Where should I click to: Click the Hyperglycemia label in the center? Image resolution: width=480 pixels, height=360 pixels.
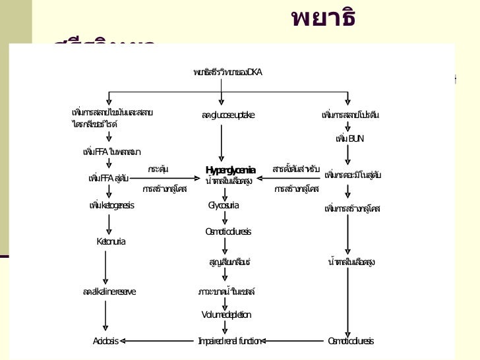(x=230, y=170)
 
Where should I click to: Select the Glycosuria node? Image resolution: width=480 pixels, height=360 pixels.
(x=224, y=206)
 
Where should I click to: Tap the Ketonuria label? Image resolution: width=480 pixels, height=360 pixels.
(x=111, y=242)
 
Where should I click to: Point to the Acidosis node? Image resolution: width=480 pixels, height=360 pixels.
(x=105, y=341)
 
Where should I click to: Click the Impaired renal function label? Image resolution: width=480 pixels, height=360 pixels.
(x=229, y=341)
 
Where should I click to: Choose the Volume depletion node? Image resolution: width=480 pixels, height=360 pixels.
(x=226, y=315)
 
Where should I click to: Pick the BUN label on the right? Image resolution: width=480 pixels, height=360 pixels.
(x=349, y=138)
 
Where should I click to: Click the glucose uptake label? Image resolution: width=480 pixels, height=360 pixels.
(x=228, y=115)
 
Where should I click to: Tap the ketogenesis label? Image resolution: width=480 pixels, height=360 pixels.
(x=111, y=206)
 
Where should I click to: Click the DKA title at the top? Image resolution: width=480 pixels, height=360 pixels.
(x=227, y=71)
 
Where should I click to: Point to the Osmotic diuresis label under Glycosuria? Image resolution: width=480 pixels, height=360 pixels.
(x=228, y=231)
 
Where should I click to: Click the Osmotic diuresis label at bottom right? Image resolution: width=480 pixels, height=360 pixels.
(x=351, y=341)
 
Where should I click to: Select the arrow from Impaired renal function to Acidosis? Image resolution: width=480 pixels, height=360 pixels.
(x=158, y=341)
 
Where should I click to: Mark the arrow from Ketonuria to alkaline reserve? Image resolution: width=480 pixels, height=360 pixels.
(x=105, y=267)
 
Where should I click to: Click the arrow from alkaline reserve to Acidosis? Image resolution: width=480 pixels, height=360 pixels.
(x=105, y=316)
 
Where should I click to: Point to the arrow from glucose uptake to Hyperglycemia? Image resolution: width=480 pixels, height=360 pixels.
(x=221, y=142)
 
